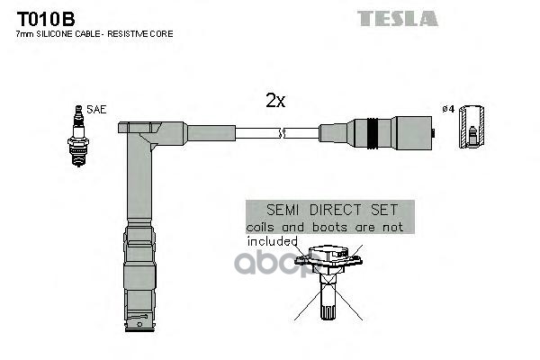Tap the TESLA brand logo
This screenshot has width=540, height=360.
point(397,18)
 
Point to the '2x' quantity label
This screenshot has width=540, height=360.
point(275,102)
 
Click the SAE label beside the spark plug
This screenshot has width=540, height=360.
point(98,109)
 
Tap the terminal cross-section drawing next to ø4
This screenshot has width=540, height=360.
point(469,129)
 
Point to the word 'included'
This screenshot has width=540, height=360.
point(273,241)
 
